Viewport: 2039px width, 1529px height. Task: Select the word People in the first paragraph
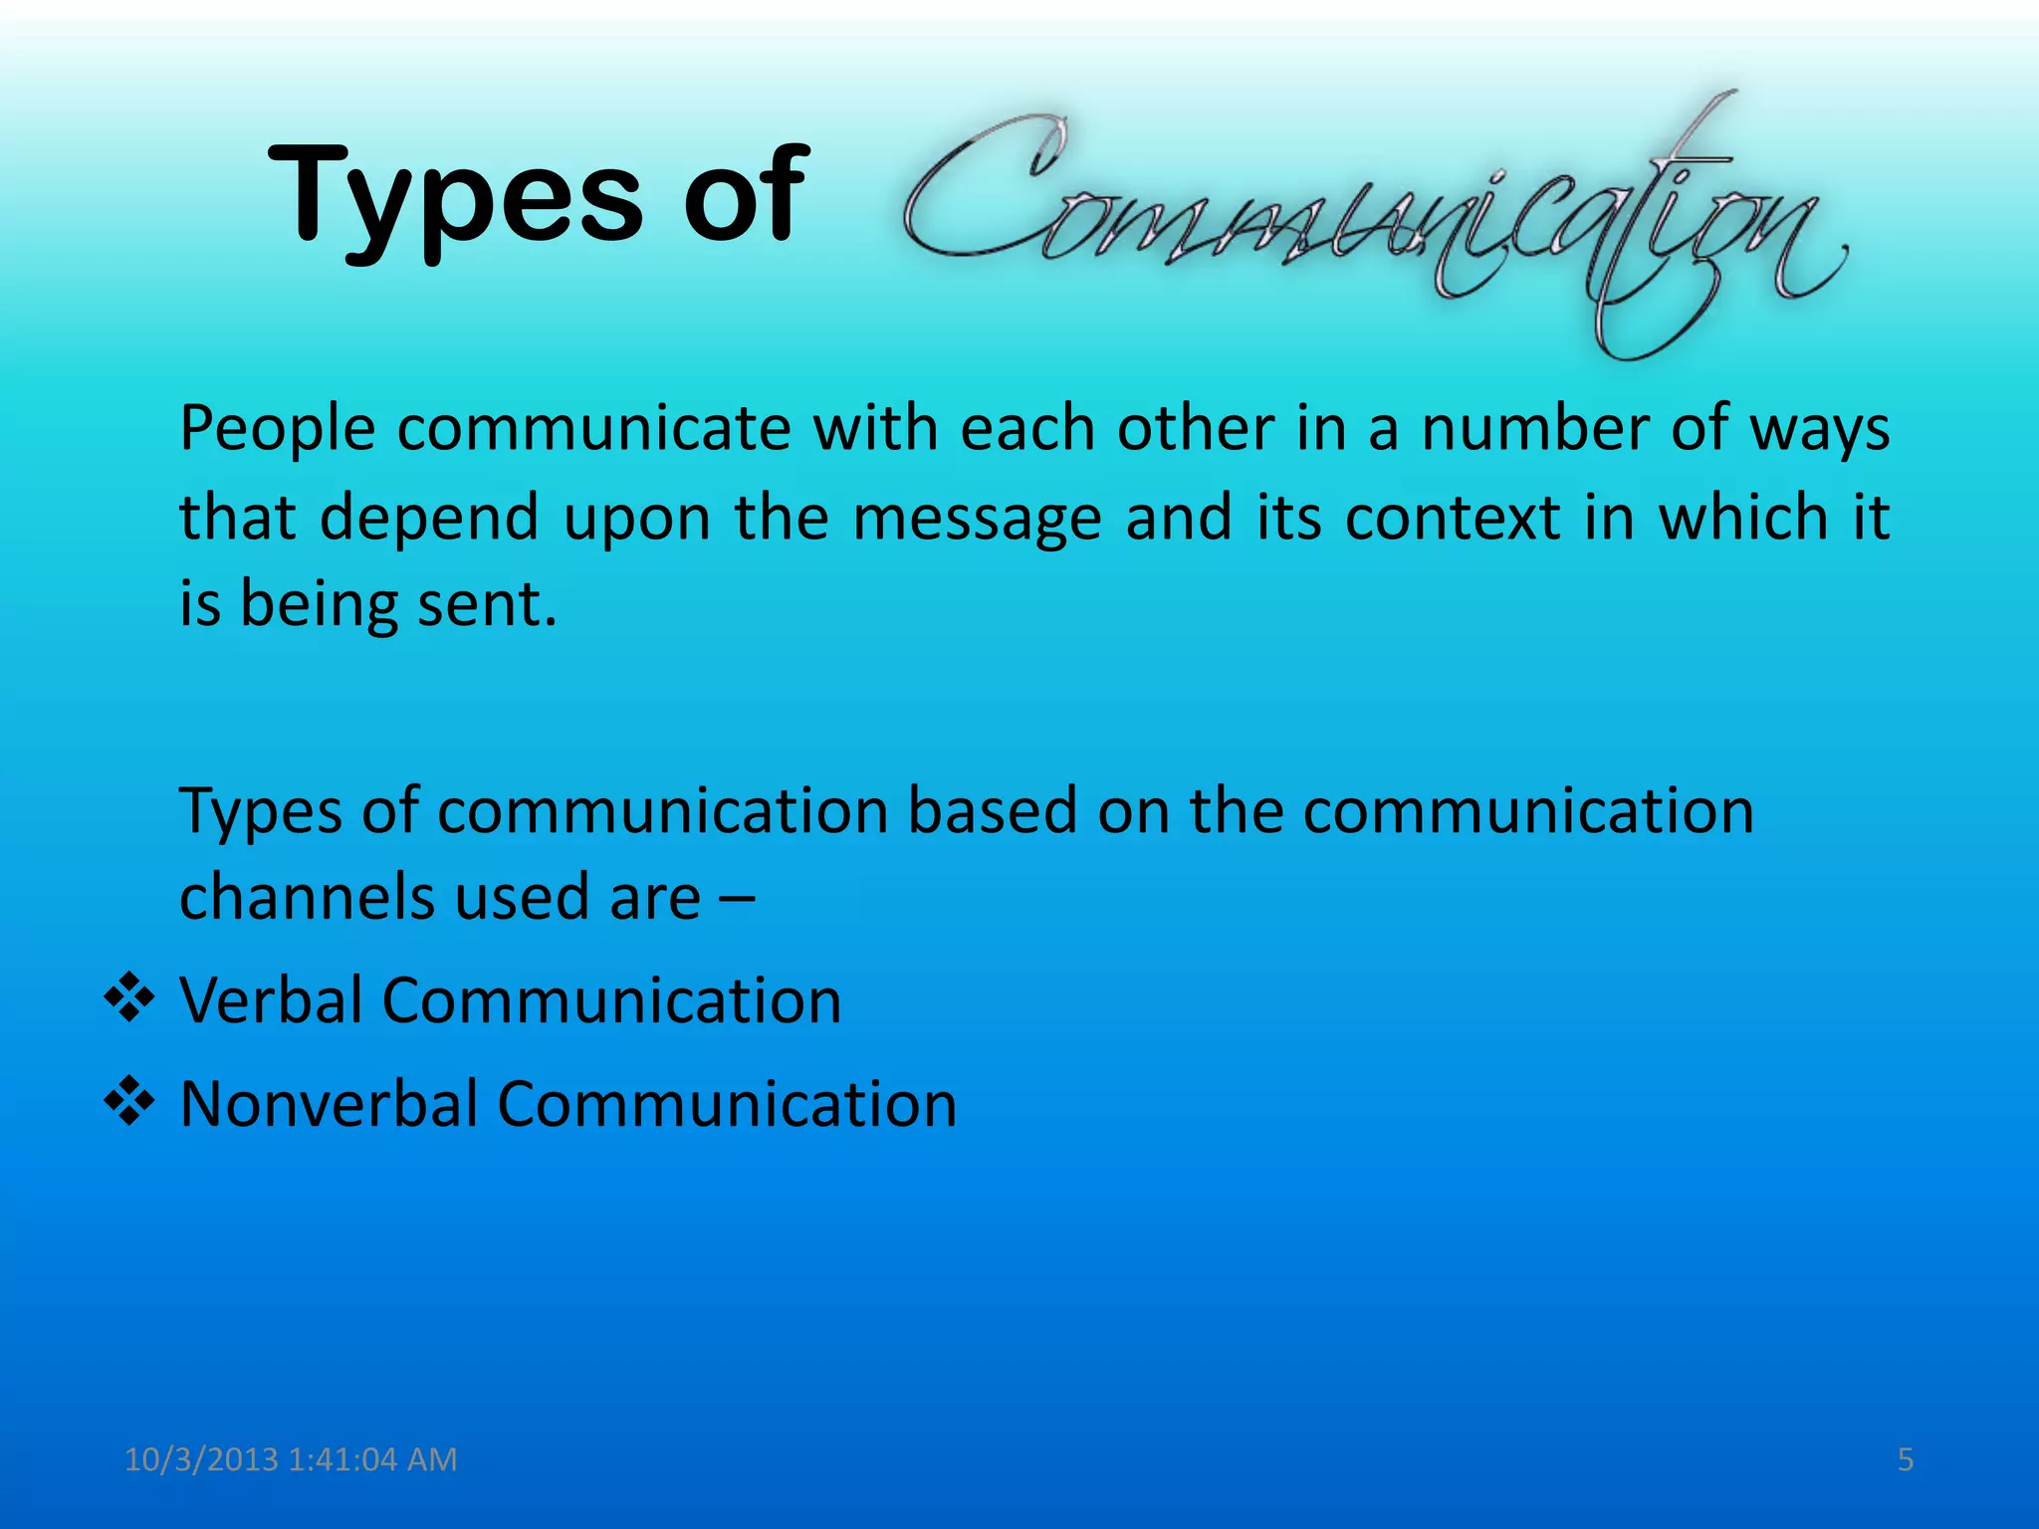click(x=278, y=430)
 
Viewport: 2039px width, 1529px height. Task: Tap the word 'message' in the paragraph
click(x=977, y=518)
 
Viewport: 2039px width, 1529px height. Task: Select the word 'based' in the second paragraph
click(x=993, y=810)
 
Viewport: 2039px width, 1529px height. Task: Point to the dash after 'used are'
click(x=736, y=899)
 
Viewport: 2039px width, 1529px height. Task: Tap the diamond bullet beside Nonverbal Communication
click(x=129, y=1103)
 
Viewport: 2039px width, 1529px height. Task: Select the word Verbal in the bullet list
click(x=271, y=999)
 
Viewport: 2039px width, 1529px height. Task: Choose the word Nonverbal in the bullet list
click(x=329, y=1104)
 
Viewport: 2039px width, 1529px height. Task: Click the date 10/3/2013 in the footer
click(x=201, y=1459)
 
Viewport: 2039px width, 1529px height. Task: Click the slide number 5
click(x=1906, y=1459)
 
